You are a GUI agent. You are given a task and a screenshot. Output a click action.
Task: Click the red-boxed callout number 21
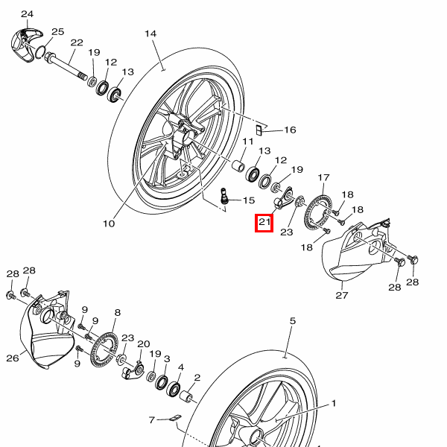(x=264, y=222)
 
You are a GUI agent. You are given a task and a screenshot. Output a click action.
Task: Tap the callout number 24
(x=28, y=14)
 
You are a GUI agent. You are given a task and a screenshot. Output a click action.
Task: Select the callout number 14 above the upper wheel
(x=151, y=34)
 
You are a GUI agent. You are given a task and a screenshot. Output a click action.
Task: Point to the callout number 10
(x=109, y=223)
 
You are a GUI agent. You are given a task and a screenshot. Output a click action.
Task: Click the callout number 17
(x=323, y=177)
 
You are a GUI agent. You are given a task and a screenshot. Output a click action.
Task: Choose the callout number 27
(x=342, y=295)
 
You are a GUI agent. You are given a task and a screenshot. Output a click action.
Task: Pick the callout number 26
(x=13, y=358)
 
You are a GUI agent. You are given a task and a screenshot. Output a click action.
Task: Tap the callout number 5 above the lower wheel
(x=293, y=321)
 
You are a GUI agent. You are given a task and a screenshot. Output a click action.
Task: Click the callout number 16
(x=290, y=130)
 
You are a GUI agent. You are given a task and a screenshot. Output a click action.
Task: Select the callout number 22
(x=77, y=42)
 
